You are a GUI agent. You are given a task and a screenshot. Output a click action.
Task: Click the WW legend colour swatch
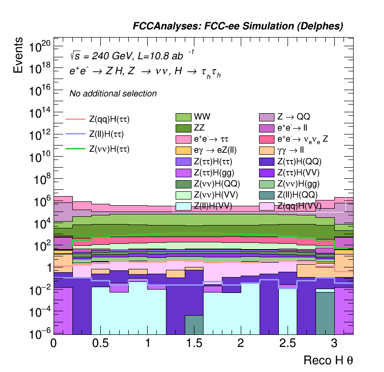(183, 117)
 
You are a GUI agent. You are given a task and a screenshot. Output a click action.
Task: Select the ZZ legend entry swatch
(183, 128)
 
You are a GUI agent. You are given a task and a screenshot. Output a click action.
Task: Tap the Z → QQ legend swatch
(267, 117)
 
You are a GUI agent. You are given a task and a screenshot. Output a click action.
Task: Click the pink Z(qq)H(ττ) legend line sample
(75, 119)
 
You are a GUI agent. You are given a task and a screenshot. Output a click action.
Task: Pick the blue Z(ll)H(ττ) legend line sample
(75, 134)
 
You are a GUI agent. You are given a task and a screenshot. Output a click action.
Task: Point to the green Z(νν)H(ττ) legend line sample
(75, 149)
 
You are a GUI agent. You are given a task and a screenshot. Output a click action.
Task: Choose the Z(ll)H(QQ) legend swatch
(267, 195)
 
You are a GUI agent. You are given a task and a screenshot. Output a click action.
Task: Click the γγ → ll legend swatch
(267, 150)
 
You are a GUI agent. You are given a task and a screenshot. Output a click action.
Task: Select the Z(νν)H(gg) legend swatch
(267, 184)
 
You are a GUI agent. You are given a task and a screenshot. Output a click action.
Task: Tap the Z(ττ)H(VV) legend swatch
(267, 173)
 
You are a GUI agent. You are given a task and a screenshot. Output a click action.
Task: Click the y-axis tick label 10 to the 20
(39, 47)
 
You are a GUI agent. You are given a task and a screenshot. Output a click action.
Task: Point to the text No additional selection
(113, 93)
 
